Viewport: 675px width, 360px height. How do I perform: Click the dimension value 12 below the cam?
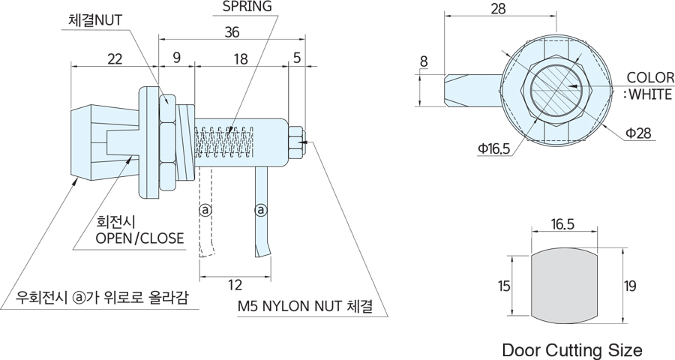click(x=235, y=284)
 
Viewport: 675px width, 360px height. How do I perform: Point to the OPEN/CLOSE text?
click(x=139, y=238)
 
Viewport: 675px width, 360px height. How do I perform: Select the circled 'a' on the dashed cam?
click(x=205, y=209)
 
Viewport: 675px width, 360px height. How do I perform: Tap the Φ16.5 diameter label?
click(x=493, y=149)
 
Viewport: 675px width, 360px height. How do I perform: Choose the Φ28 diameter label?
click(x=638, y=133)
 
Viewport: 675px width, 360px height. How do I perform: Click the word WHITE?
click(x=652, y=94)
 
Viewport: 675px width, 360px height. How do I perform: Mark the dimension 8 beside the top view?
click(x=424, y=61)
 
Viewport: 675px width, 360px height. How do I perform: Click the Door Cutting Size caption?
click(x=572, y=349)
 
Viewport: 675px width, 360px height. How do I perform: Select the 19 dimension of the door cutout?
click(x=631, y=285)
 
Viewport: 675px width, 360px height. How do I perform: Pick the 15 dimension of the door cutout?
click(x=502, y=285)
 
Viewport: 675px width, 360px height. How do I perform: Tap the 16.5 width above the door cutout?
click(x=562, y=224)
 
